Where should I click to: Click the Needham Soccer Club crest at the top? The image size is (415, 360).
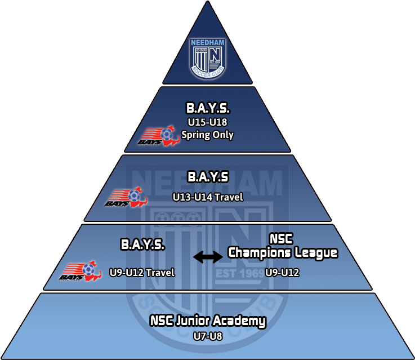click(x=207, y=57)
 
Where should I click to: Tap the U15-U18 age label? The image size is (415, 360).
click(x=207, y=123)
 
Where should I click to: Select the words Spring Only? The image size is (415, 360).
click(x=207, y=135)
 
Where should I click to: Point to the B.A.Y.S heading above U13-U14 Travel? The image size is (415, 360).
click(x=207, y=178)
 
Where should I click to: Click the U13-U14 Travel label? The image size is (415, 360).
click(x=207, y=197)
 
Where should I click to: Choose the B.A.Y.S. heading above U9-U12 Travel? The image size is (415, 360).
click(x=142, y=245)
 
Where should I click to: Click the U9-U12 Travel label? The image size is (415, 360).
click(x=142, y=273)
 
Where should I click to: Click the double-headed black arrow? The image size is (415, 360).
click(x=207, y=257)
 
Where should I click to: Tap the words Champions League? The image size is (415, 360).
click(x=282, y=253)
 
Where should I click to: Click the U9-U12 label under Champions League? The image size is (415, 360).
click(x=282, y=273)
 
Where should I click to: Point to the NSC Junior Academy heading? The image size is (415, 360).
click(x=207, y=322)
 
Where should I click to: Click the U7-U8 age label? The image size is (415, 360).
click(x=207, y=337)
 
